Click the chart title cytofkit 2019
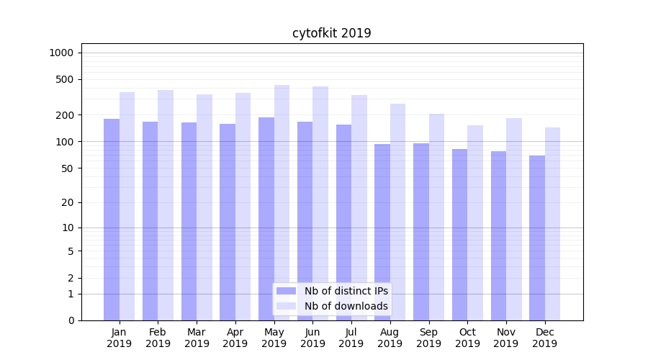coord(331,33)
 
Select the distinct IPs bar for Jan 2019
coord(112,220)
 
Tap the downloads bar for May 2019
coord(282,202)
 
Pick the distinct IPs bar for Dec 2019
coord(537,238)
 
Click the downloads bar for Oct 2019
coord(475,222)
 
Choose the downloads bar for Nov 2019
coord(514,219)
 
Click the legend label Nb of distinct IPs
coord(346,291)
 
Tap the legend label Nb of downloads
coord(346,306)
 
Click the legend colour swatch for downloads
coord(287,306)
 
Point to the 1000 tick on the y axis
coord(61,53)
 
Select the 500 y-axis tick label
coord(65,79)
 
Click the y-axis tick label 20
coord(68,202)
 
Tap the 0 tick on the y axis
coord(71,320)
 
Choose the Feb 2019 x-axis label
coord(158,338)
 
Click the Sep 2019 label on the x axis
coord(428,338)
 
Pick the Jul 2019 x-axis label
coord(351,338)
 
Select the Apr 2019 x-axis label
coord(235,338)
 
